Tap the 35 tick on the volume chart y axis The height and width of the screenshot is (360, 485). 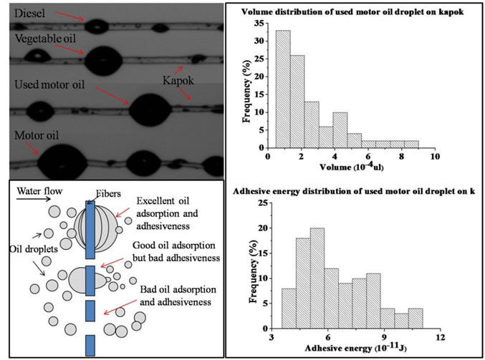click(258, 23)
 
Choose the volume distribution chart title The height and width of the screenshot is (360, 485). click(355, 11)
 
